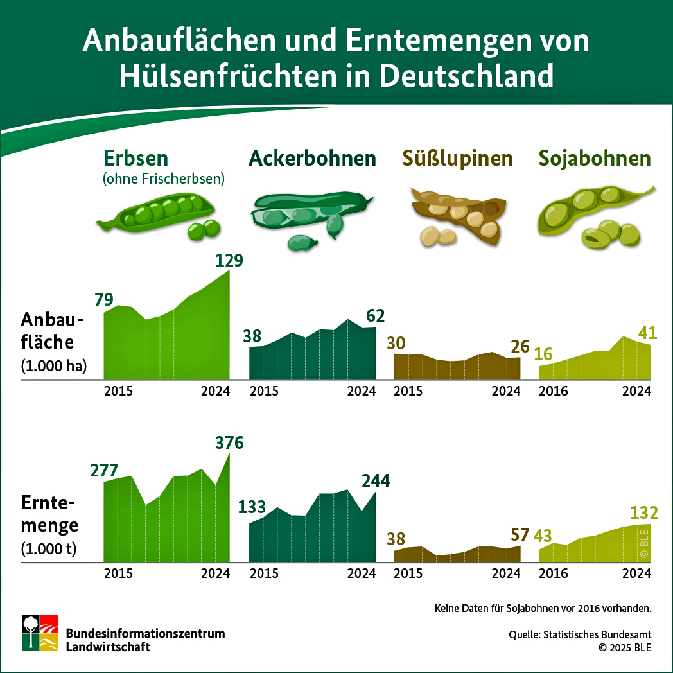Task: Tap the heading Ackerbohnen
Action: pos(312,158)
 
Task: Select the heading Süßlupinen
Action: pos(458,158)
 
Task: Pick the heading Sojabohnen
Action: pos(595,158)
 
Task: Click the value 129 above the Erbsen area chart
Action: pos(229,261)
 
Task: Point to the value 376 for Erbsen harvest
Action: pos(229,443)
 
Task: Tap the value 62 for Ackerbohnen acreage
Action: pos(375,315)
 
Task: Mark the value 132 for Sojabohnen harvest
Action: pos(644,512)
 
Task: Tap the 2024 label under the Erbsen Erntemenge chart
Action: pos(215,573)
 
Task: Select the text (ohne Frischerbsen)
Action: pos(163,179)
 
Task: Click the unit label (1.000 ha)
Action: pos(53,367)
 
